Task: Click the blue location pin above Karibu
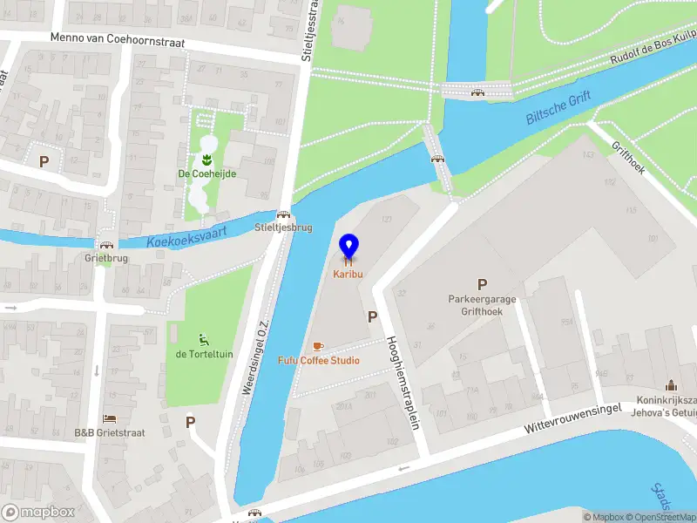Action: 348,246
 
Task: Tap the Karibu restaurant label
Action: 348,274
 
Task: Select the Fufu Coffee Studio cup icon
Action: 318,346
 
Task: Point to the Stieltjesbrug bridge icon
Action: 283,214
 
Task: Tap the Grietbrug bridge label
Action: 105,259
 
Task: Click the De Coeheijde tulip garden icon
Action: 207,160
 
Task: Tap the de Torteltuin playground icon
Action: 204,339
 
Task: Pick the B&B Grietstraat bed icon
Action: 109,419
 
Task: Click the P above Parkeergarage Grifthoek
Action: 482,284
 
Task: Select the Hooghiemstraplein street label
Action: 403,380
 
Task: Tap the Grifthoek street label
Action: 628,158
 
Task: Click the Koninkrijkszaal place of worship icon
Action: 671,385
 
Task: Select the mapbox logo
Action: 38,513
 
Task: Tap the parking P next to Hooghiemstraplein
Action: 372,317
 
